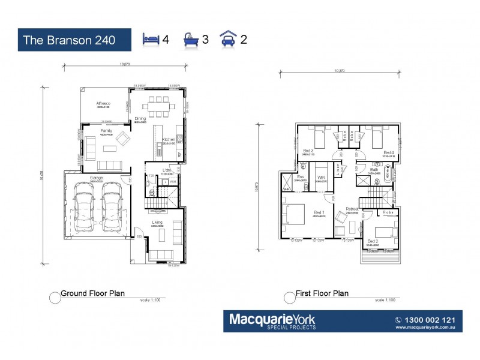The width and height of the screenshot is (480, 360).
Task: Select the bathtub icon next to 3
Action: (191, 40)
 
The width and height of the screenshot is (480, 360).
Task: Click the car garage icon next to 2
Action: (229, 40)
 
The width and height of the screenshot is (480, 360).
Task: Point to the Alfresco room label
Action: (103, 104)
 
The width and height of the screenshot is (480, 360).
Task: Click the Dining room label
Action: (140, 118)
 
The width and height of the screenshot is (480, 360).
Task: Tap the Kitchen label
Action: (169, 139)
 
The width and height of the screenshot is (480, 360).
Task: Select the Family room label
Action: (106, 131)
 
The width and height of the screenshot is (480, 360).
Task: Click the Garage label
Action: (96, 178)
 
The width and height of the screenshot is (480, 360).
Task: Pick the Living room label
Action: (157, 223)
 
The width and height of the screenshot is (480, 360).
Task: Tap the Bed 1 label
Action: (319, 212)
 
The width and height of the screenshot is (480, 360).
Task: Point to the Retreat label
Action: (352, 209)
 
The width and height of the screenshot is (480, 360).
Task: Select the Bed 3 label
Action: (308, 150)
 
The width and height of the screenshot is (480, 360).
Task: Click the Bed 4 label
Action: (388, 152)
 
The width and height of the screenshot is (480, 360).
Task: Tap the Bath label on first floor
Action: (374, 170)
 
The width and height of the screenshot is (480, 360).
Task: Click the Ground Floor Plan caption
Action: (92, 293)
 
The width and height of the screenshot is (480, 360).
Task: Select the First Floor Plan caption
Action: (322, 293)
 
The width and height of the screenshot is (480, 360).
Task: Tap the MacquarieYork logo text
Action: (272, 318)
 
